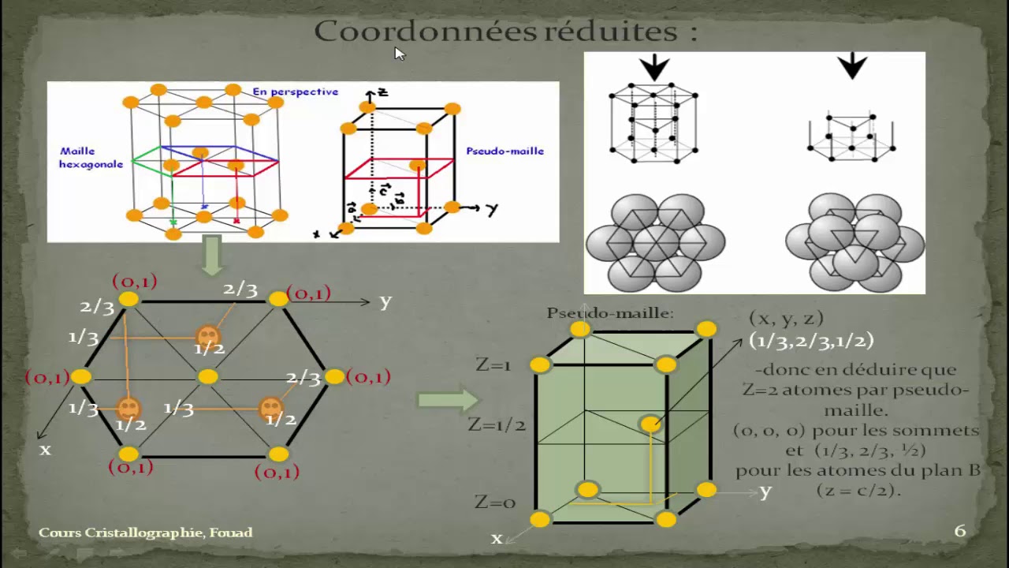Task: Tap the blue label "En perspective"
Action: pyautogui.click(x=296, y=92)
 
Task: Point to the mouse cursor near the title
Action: pyautogui.click(x=399, y=53)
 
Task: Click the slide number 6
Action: pyautogui.click(x=959, y=531)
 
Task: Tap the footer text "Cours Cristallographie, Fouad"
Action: pyautogui.click(x=146, y=532)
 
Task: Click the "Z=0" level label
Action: pyautogui.click(x=495, y=502)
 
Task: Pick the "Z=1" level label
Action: pyautogui.click(x=494, y=364)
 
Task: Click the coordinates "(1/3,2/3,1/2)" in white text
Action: pyautogui.click(x=811, y=340)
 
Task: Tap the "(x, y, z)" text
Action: pyautogui.click(x=786, y=318)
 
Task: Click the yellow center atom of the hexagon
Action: pyautogui.click(x=207, y=376)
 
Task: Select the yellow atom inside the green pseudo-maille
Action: pyautogui.click(x=650, y=424)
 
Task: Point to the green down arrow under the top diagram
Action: pyautogui.click(x=212, y=256)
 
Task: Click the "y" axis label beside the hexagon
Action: pyautogui.click(x=385, y=301)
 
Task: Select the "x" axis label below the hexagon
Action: pyautogui.click(x=45, y=449)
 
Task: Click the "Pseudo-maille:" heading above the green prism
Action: pyautogui.click(x=610, y=313)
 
